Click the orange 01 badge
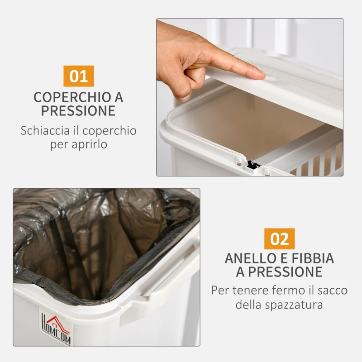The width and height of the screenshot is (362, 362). tap(78, 76)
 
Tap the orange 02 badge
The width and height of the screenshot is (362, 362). tap(279, 238)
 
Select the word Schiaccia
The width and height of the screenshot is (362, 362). tap(43, 131)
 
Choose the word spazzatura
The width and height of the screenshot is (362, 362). tap(295, 304)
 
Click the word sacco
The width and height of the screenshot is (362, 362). tap(330, 290)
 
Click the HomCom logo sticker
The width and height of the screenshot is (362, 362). tap(56, 329)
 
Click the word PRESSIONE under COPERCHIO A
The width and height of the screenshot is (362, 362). tap(78, 111)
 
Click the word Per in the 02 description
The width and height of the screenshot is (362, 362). tap(220, 290)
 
